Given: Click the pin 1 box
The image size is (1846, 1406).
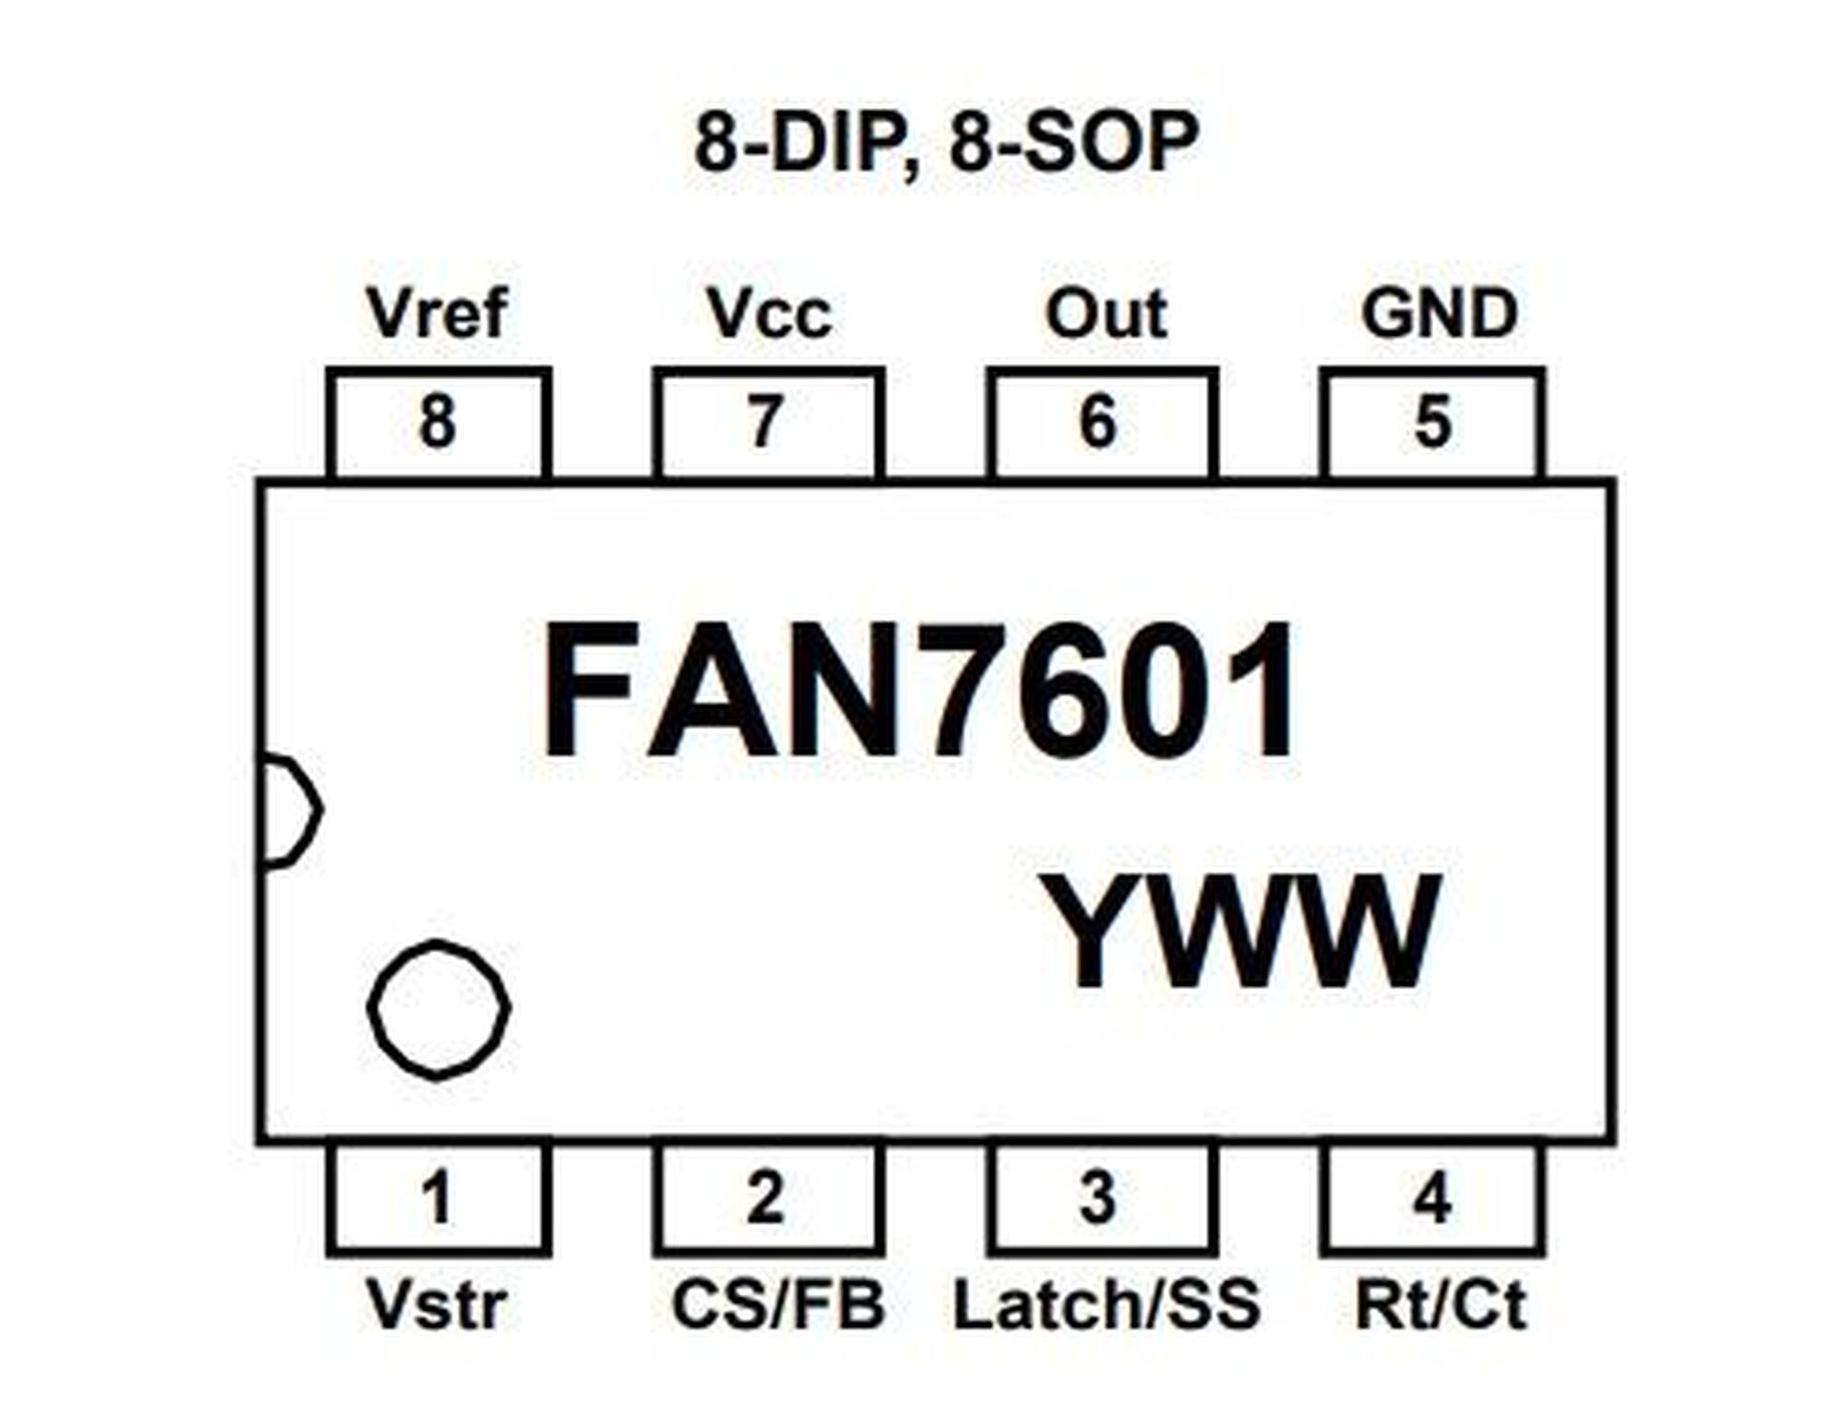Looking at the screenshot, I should (438, 1199).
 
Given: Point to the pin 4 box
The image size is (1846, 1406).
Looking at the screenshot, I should (1432, 1199).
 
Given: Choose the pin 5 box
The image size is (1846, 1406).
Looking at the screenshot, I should (1432, 423).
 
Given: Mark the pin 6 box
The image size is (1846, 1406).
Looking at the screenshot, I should (1101, 423).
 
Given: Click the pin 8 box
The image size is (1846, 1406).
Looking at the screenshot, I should (438, 423).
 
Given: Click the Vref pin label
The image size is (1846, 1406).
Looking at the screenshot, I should (437, 313).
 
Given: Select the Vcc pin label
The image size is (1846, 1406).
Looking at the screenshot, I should (769, 314).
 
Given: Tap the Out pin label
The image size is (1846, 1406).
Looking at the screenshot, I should (1106, 314).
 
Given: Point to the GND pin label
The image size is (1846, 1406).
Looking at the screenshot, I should (1439, 314).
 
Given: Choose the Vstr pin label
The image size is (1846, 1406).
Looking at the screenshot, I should (437, 1304).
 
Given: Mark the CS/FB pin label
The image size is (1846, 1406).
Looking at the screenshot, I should (778, 1304).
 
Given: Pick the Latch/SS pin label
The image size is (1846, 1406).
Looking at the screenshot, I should (1106, 1304).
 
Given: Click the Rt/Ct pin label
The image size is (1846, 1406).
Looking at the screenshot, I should (1440, 1304).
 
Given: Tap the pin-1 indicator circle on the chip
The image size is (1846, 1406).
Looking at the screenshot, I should (438, 1009).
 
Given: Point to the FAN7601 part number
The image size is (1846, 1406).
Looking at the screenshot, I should (918, 690).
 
